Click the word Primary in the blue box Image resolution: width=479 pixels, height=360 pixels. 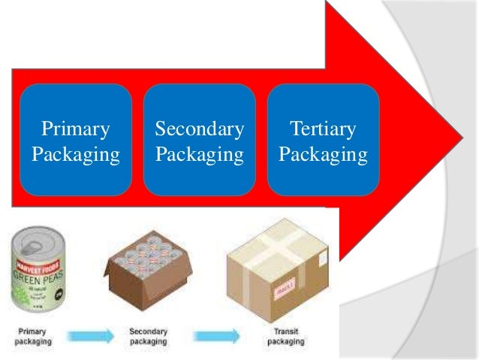(x=75, y=129)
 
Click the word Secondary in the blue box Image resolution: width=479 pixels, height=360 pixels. (x=199, y=129)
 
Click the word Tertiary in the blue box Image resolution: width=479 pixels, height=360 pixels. (x=323, y=129)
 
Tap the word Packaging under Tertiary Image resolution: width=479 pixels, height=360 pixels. (x=323, y=155)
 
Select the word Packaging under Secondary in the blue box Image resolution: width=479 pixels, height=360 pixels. (x=199, y=155)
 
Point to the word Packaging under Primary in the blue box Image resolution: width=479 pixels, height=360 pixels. (x=75, y=155)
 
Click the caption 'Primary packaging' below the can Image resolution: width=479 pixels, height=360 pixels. (x=32, y=336)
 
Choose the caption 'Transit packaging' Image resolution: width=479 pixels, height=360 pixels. (x=286, y=336)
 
